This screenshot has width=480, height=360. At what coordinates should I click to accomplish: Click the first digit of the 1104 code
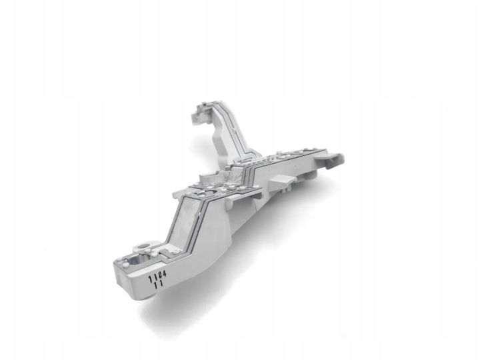150,279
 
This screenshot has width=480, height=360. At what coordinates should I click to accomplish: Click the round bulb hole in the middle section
211,193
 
